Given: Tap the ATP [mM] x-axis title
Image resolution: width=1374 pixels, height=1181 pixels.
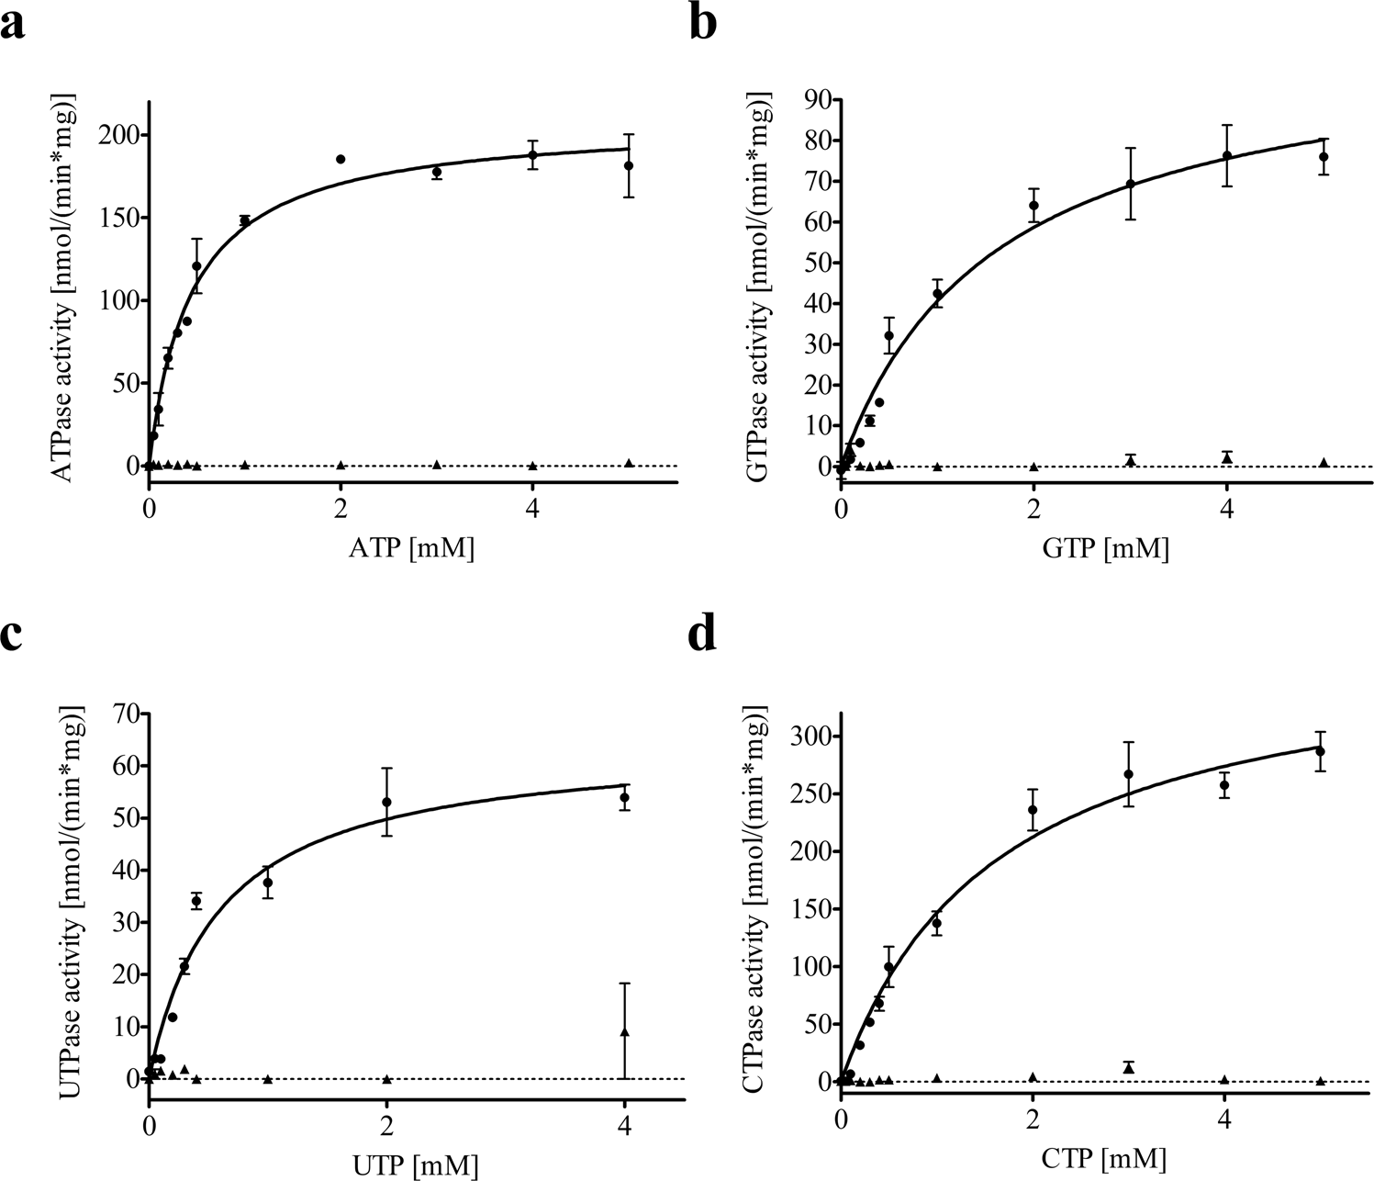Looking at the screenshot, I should (413, 549).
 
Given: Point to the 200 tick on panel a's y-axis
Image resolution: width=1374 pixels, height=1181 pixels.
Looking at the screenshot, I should (119, 136).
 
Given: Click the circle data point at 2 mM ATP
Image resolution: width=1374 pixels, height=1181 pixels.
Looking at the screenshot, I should (341, 159).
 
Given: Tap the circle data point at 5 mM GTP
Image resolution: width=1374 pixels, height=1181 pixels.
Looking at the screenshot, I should (1324, 157).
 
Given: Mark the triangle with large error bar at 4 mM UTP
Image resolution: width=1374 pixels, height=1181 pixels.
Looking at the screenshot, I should (625, 1032).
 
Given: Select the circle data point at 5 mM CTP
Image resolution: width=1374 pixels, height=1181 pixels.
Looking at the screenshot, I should (1321, 751).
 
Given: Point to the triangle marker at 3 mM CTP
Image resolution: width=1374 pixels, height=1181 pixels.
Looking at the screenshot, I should (1129, 1067).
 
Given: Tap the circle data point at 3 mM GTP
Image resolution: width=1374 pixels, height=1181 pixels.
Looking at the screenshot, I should (1131, 184).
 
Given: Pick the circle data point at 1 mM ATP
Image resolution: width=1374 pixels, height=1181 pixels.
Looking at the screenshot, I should (245, 220).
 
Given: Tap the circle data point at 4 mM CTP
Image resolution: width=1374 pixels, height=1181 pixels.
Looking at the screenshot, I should (1224, 785).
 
